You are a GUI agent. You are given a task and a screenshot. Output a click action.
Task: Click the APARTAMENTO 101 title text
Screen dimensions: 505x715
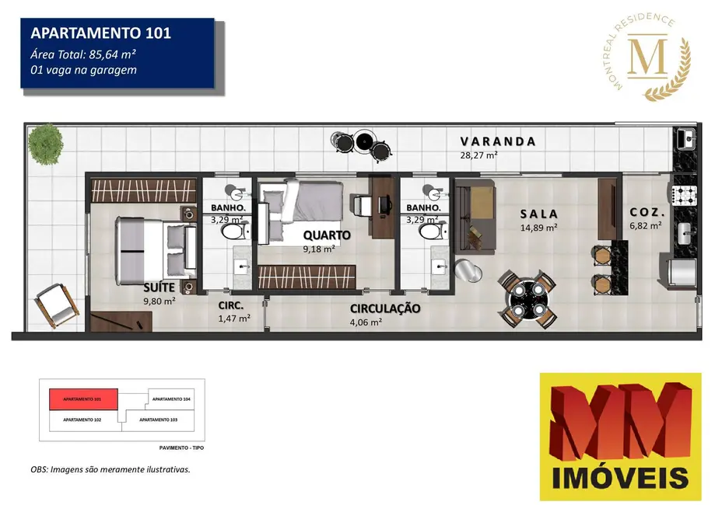100,33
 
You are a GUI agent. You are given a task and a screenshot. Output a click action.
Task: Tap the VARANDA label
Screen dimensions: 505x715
498,141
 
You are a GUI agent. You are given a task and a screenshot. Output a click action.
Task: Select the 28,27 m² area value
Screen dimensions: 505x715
478,155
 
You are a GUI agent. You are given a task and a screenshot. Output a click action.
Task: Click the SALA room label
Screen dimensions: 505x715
540,214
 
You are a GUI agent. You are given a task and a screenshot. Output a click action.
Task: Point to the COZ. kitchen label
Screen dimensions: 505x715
645,212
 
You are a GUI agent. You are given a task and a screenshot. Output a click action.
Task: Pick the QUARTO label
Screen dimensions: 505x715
327,235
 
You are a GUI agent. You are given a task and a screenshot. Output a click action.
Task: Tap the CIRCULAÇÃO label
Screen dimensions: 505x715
385,308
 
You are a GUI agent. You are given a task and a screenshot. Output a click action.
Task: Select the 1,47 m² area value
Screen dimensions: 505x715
234,318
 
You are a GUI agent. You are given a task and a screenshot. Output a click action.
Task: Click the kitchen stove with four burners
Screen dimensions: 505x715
685,194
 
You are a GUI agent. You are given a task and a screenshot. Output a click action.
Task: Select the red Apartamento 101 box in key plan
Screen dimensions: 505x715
83,399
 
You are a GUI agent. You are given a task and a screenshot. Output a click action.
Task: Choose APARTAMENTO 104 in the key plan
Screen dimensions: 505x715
171,399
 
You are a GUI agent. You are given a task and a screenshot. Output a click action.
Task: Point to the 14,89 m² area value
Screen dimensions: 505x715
538,228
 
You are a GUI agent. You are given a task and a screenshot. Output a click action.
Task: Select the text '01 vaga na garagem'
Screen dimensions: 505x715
80,70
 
